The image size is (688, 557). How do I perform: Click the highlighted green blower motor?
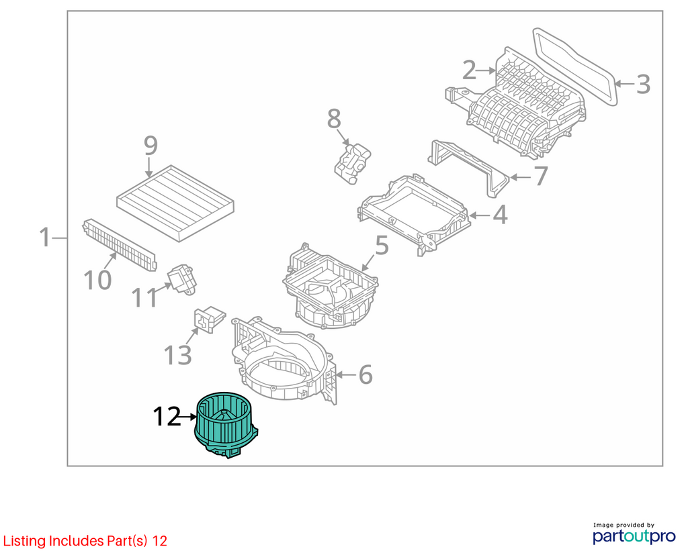(226, 425)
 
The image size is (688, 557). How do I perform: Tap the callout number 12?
(167, 416)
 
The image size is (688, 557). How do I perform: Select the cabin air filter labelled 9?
(175, 203)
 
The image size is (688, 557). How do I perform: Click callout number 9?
(150, 146)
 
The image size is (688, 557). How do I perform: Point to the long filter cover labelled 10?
(120, 244)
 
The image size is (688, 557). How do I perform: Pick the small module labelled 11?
(181, 279)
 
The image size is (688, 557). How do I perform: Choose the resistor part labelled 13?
(209, 319)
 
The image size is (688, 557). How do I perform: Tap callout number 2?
(469, 70)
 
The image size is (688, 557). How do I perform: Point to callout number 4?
(500, 215)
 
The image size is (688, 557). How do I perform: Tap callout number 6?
(365, 374)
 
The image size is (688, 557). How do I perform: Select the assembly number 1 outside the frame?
(45, 237)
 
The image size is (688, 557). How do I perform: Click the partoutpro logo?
(634, 534)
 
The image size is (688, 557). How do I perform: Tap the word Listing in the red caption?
(25, 541)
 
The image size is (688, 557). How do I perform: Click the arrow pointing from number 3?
(625, 84)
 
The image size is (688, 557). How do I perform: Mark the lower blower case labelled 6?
(284, 359)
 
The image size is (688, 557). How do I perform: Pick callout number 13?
(177, 355)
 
